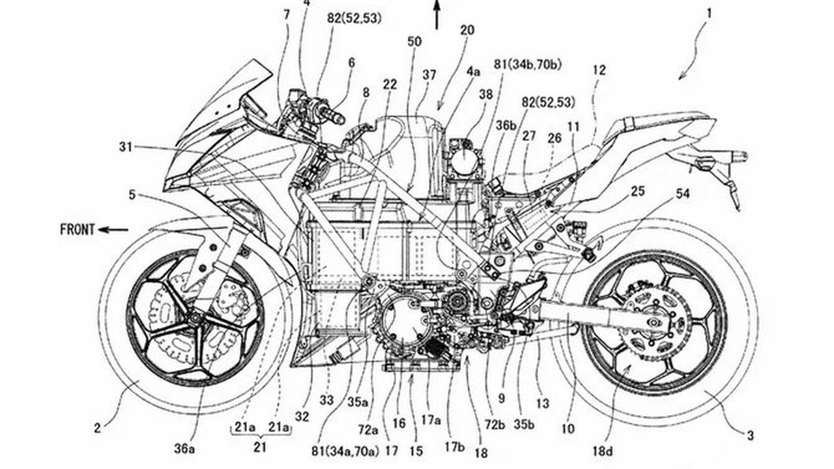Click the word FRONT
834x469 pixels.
pos(77,230)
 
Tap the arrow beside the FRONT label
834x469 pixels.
pos(113,230)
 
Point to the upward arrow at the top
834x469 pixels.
pos(437,14)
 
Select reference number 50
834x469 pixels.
pos(414,42)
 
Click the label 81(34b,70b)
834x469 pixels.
pos(528,64)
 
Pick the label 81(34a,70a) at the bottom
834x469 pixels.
pos(345,451)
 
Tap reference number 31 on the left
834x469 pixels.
pos(126,147)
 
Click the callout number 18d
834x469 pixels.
pos(603,451)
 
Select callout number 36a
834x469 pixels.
pos(184,449)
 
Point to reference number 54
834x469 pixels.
pos(682,193)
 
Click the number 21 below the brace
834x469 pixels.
pos(259,447)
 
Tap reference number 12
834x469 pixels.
pos(599,70)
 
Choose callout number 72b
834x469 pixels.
pos(495,424)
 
